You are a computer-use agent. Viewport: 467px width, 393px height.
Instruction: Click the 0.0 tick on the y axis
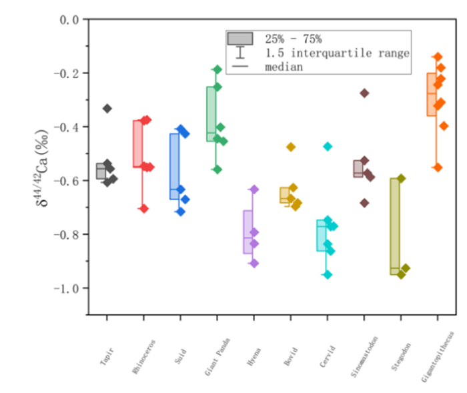pos(69,19)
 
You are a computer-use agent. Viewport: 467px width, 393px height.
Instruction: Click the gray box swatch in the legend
pos(240,39)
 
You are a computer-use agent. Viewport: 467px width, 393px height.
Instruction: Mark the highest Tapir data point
pos(107,108)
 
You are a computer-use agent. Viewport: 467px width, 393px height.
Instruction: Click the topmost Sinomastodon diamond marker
pos(364,93)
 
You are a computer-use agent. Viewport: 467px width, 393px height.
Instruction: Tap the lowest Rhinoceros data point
pos(143,209)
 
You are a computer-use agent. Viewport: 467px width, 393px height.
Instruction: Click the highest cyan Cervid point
pos(328,146)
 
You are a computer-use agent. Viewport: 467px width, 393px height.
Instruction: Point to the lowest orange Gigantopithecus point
pos(438,167)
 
